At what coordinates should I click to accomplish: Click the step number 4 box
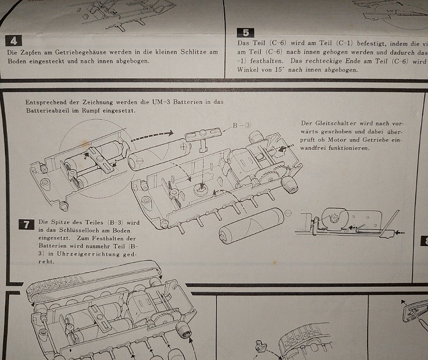coord(13,40)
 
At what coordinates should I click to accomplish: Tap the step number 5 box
coord(248,33)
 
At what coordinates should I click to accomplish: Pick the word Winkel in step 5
coord(248,70)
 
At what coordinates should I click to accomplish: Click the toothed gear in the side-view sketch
coord(329,219)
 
